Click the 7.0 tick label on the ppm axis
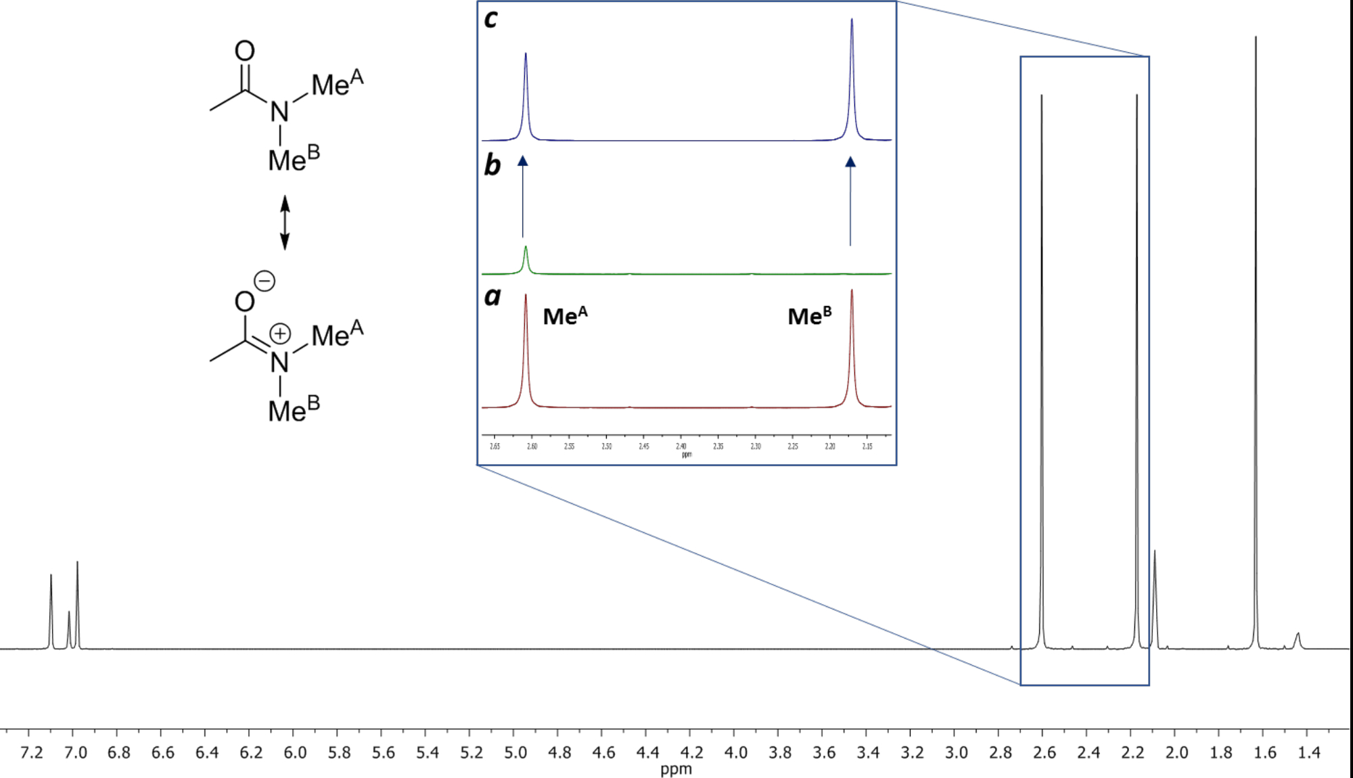[x=76, y=753]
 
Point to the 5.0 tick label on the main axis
[x=515, y=753]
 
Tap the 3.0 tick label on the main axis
[x=956, y=753]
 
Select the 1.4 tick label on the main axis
[x=1308, y=753]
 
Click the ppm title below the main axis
[x=676, y=769]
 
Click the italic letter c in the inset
[x=491, y=19]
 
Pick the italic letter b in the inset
[x=492, y=165]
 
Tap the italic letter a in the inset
[x=492, y=296]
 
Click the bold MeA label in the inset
[x=565, y=316]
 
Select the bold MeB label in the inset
[x=809, y=316]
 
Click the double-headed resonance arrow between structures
[x=285, y=223]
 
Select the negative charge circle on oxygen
[x=265, y=281]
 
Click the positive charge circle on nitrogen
[x=280, y=334]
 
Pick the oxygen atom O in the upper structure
[x=244, y=51]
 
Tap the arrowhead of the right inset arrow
[x=850, y=162]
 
